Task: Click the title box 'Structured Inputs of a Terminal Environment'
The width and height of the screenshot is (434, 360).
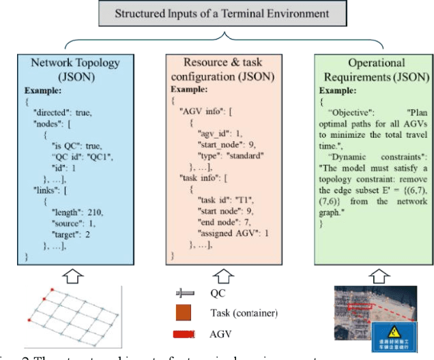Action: [216, 12]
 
